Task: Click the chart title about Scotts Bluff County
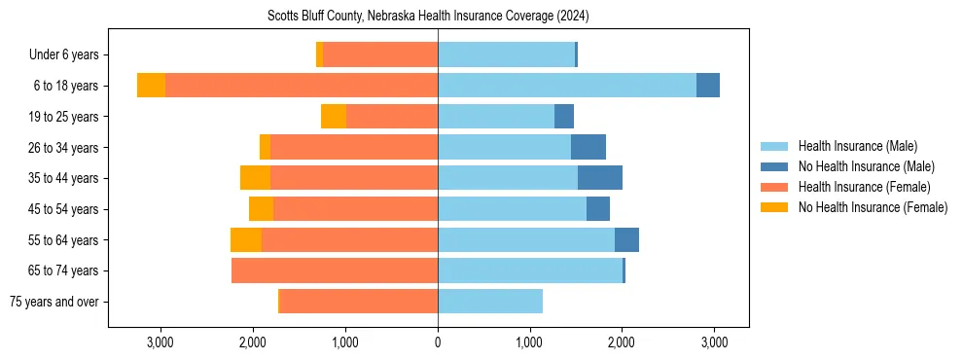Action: [x=428, y=17]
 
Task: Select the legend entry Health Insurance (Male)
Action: [x=857, y=146]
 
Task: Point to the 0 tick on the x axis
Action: [x=438, y=342]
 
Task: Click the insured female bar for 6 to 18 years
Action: [x=302, y=86]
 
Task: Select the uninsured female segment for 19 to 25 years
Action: [x=334, y=117]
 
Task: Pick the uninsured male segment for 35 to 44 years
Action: [x=600, y=178]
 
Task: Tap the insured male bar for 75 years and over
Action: [x=490, y=302]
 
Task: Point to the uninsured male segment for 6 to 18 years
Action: [x=708, y=86]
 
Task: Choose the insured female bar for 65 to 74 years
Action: [x=335, y=270]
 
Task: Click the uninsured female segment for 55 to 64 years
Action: [x=246, y=239]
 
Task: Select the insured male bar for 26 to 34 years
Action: [x=504, y=147]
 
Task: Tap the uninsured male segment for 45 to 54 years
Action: [x=598, y=209]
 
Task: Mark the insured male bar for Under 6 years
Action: [x=506, y=55]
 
